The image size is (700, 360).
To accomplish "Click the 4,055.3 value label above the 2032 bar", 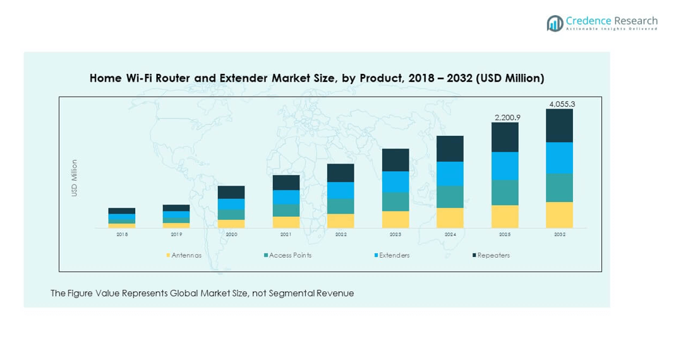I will coord(559,104).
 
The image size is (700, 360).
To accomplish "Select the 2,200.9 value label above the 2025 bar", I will coord(505,117).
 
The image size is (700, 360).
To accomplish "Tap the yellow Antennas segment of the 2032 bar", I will coord(559,215).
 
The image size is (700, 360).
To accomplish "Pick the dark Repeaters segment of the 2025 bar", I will coord(505,137).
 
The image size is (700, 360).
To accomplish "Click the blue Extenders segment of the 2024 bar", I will coord(450,174).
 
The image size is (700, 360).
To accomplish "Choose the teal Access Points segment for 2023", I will coord(395,201).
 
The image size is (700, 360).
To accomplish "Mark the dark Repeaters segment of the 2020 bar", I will coord(231,192).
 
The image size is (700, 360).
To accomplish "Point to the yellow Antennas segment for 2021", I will coord(286,222).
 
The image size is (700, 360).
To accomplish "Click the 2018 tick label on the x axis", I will coord(122,234).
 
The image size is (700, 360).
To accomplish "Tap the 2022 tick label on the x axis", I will coord(341,234).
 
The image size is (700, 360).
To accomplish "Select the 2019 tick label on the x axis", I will coord(176,234).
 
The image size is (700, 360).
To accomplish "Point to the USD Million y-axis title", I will coord(74,177).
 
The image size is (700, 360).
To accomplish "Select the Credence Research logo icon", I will coord(555,23).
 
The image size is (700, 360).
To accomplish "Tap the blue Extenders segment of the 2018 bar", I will coord(122,217).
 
